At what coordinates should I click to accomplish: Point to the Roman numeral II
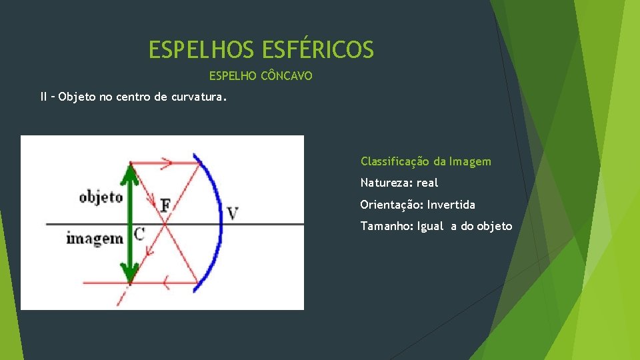[44, 97]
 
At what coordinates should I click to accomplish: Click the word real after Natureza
[427, 183]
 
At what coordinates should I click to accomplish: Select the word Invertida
[451, 205]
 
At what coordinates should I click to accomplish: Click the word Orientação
[391, 205]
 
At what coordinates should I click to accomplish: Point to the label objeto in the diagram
[101, 197]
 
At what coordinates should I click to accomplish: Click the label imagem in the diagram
[95, 237]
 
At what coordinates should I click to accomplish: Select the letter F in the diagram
[165, 205]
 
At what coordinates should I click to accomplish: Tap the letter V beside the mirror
[233, 213]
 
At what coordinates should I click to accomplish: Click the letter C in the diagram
[139, 233]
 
